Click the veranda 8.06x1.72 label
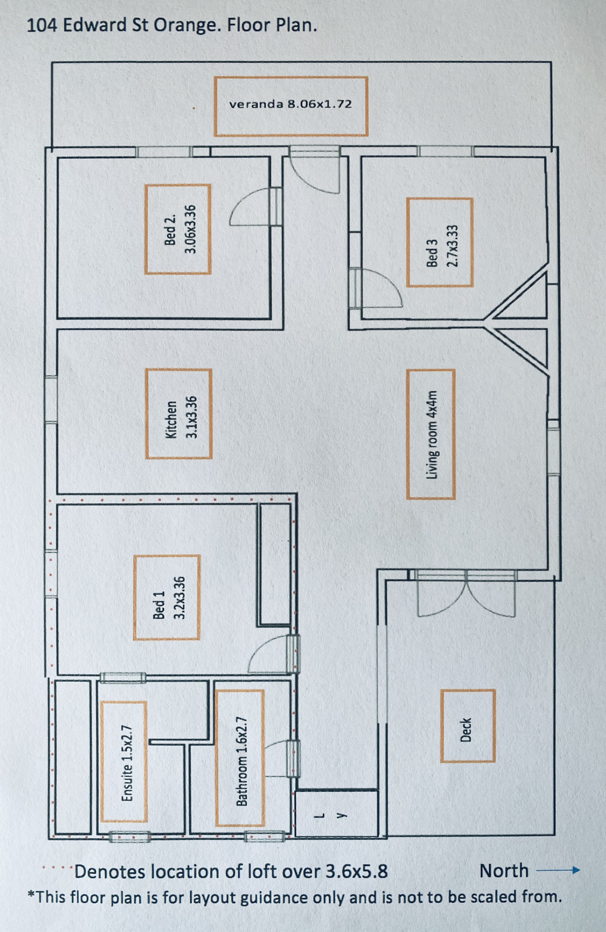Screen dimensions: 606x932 pos(290,104)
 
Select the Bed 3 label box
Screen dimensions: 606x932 pos(440,242)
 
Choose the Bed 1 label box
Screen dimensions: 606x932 pos(167,598)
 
